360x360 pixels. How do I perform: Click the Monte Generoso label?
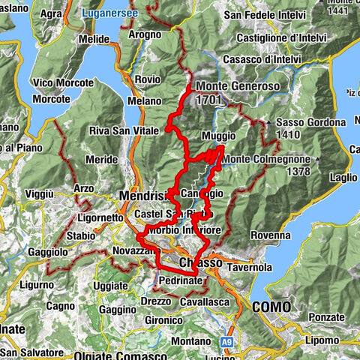point(238,85)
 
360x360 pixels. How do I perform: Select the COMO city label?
point(271,306)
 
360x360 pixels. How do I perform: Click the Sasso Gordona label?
point(310,122)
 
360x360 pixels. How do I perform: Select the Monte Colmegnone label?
point(268,159)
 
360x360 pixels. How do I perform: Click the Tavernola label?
point(245,267)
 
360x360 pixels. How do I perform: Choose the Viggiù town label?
point(42,193)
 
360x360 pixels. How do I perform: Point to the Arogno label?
point(145,34)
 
